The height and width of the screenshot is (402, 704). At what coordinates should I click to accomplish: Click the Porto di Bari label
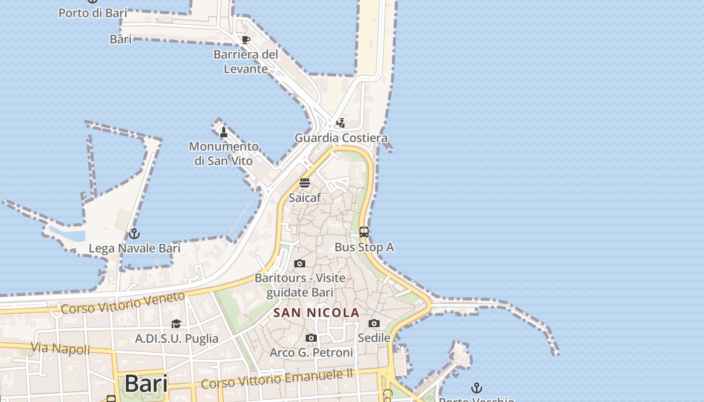[x=93, y=13]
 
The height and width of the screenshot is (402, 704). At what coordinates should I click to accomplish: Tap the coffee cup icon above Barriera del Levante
[x=245, y=40]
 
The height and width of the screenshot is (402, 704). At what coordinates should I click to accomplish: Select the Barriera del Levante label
[x=246, y=61]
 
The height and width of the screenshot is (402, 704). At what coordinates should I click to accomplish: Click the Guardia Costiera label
[x=341, y=138]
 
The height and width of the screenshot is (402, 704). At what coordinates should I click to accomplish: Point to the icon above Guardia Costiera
[x=341, y=123]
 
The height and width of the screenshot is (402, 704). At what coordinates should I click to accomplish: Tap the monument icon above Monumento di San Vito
[x=224, y=132]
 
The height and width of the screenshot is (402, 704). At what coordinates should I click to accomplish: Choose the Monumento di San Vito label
[x=224, y=153]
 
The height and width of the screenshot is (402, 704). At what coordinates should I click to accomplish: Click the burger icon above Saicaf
[x=305, y=182]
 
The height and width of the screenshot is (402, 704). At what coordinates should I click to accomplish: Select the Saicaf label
[x=305, y=197]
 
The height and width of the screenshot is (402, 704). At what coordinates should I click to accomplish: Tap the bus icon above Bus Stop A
[x=364, y=232]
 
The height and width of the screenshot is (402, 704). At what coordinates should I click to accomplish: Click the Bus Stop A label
[x=364, y=247]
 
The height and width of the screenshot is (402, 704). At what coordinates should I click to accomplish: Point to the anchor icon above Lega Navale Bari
[x=134, y=234]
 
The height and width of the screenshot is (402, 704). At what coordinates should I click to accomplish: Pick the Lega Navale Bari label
[x=134, y=248]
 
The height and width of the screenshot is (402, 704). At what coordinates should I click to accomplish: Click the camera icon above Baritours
[x=300, y=263]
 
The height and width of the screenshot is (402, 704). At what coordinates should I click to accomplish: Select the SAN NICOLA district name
[x=316, y=313]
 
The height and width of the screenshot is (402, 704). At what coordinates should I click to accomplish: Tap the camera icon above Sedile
[x=374, y=323]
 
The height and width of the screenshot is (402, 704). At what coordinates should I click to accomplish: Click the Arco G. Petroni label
[x=311, y=353]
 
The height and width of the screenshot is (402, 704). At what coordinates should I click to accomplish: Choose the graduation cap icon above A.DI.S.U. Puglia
[x=176, y=324]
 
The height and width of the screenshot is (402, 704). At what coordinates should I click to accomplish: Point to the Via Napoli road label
[x=60, y=348]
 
